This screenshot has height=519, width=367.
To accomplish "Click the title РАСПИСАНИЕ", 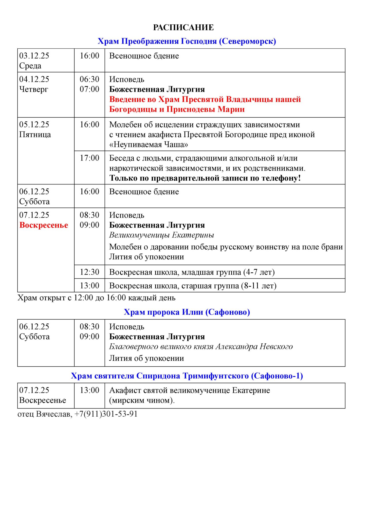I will [183, 27].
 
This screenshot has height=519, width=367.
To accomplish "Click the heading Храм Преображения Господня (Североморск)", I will [187, 41].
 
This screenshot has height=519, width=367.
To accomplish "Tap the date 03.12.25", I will [34, 56].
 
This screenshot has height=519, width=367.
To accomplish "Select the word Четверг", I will [33, 89].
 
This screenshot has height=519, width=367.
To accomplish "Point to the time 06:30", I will [89, 79].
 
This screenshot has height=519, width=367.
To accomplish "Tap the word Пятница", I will [35, 135].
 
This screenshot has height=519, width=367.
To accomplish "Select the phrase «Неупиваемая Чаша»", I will [149, 144].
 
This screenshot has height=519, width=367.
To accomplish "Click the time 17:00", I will [89, 158].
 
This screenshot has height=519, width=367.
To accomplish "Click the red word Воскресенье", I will [44, 225].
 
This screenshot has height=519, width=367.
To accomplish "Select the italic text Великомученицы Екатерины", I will [161, 235].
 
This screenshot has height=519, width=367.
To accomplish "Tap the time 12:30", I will [89, 272].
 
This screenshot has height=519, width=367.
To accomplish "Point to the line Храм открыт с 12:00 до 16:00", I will [96, 298].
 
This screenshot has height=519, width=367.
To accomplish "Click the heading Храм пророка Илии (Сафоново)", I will [187, 312].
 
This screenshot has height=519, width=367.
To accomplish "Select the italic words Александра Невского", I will [254, 347].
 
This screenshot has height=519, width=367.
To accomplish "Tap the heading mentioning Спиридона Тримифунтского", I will [187, 376].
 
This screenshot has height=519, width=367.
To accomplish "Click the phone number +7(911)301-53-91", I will [106, 414].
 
